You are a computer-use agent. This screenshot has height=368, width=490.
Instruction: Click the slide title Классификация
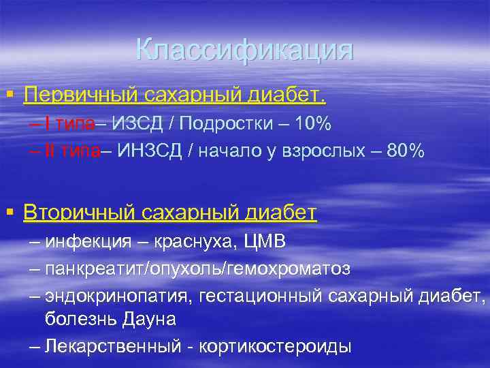244,50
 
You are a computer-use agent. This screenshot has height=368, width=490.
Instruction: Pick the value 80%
405,151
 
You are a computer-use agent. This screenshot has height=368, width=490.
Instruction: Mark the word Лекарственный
114,346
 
